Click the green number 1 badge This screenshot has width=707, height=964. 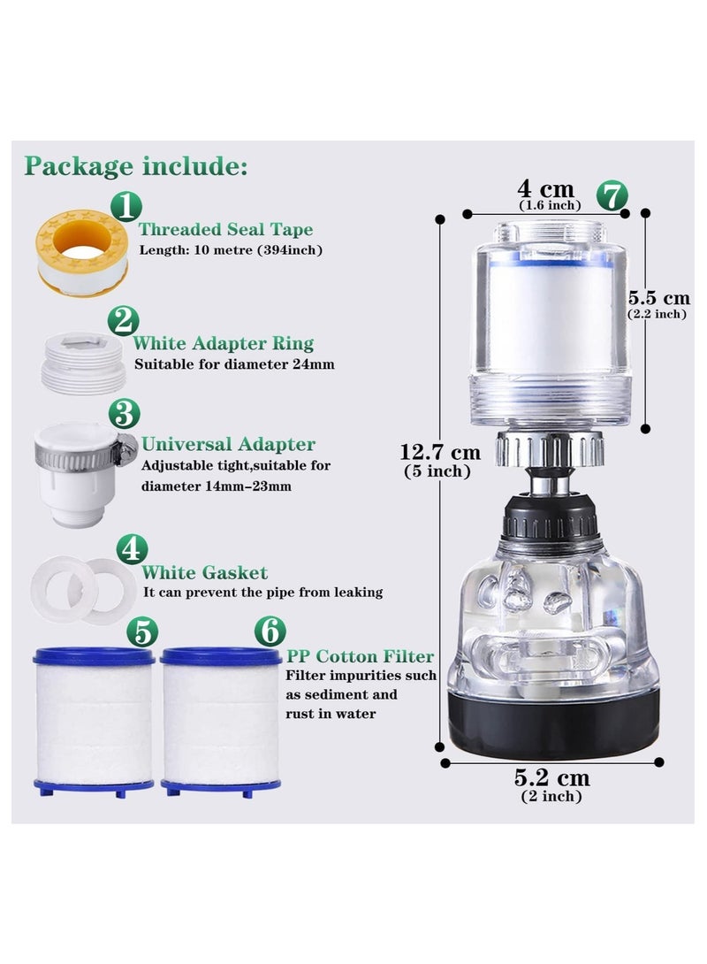126,207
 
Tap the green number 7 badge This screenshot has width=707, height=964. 612,195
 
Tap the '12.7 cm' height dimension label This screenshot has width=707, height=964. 438,453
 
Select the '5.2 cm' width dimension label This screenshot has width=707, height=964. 551,778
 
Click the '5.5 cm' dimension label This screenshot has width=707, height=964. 658,298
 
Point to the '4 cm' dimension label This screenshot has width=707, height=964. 545,189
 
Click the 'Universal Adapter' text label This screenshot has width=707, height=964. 228,444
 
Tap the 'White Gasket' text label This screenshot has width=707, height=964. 204,573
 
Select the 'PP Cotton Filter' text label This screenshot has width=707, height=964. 360,656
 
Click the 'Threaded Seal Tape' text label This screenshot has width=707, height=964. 225,230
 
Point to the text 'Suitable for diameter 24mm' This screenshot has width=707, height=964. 234,363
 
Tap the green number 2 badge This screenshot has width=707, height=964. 124,320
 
